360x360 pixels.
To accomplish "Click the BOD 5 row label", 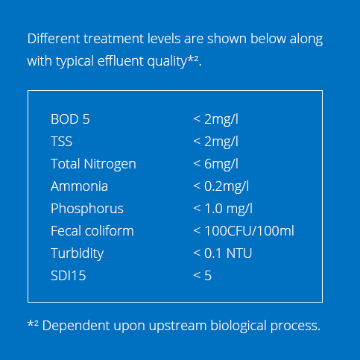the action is point(70,119).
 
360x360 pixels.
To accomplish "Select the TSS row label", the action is point(61,142).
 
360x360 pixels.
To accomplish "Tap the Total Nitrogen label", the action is point(93,164).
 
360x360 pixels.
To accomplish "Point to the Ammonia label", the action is point(79,186).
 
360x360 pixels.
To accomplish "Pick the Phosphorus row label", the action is point(87,209).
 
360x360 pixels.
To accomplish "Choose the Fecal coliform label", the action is point(92,230).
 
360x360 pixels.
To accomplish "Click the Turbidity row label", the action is point(77,253).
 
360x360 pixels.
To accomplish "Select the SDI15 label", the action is point(69,276).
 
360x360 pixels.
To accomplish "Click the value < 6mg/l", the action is point(215,164).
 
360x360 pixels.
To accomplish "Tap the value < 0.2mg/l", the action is point(221,186).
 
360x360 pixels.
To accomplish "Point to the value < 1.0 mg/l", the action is point(223,209).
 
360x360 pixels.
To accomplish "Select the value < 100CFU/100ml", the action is point(244,230).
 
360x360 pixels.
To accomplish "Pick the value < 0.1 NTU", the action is point(223,253).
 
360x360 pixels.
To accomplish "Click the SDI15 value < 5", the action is point(203,276).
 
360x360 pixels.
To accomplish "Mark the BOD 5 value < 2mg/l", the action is point(215,119).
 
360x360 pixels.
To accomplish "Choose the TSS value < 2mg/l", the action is point(215,142).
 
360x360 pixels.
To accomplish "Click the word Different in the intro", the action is point(54,39).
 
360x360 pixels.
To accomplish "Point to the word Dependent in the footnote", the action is point(76,326).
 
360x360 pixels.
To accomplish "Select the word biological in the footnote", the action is point(239,326).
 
